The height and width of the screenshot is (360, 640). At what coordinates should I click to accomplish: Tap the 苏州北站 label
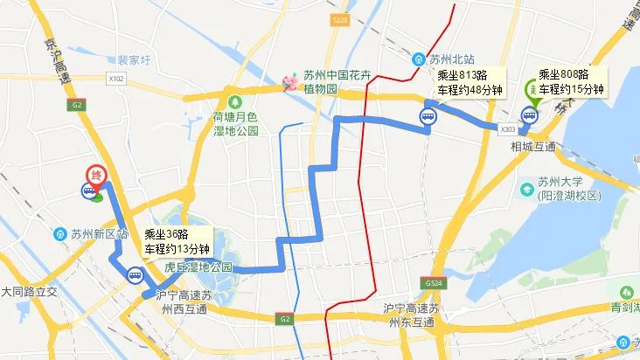coord(451,59)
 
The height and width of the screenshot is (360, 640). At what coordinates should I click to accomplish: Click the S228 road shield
coord(341,19)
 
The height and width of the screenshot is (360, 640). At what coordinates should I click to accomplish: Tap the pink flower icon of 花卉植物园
coord(289,83)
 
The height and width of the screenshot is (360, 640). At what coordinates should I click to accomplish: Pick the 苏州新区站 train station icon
coord(59,234)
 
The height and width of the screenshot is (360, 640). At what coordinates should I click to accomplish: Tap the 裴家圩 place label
coord(136,61)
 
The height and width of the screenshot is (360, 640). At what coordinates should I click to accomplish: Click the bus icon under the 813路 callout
coord(428,115)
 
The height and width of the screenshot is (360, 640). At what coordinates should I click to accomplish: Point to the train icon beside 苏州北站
coord(419,59)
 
